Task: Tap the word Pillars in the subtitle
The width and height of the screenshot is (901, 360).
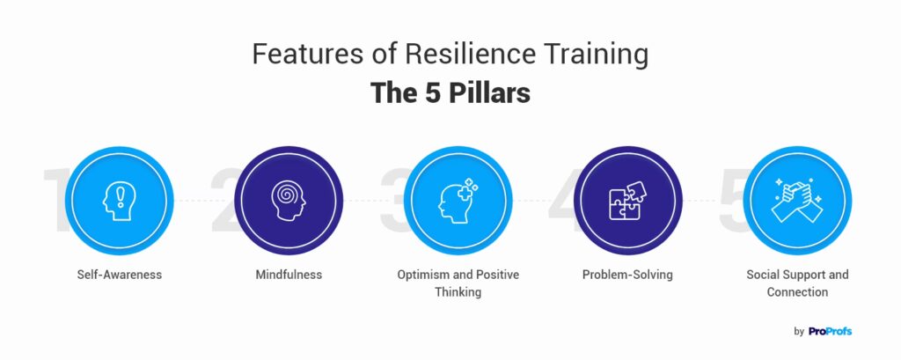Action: point(489,92)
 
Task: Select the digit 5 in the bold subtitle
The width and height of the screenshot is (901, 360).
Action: point(432,92)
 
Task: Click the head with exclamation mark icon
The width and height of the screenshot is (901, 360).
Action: point(119,201)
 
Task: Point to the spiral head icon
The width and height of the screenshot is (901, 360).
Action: point(289,201)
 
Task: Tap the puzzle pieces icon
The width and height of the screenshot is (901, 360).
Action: point(627,201)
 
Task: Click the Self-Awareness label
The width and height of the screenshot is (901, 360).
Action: point(120,275)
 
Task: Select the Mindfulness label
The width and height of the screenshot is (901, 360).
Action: point(289,275)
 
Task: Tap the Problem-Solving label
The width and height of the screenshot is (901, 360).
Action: point(627,275)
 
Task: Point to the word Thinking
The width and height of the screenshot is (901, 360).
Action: point(458,291)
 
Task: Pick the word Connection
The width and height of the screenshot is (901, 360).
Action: point(797,291)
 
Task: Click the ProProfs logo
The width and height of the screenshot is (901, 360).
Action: point(830,331)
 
